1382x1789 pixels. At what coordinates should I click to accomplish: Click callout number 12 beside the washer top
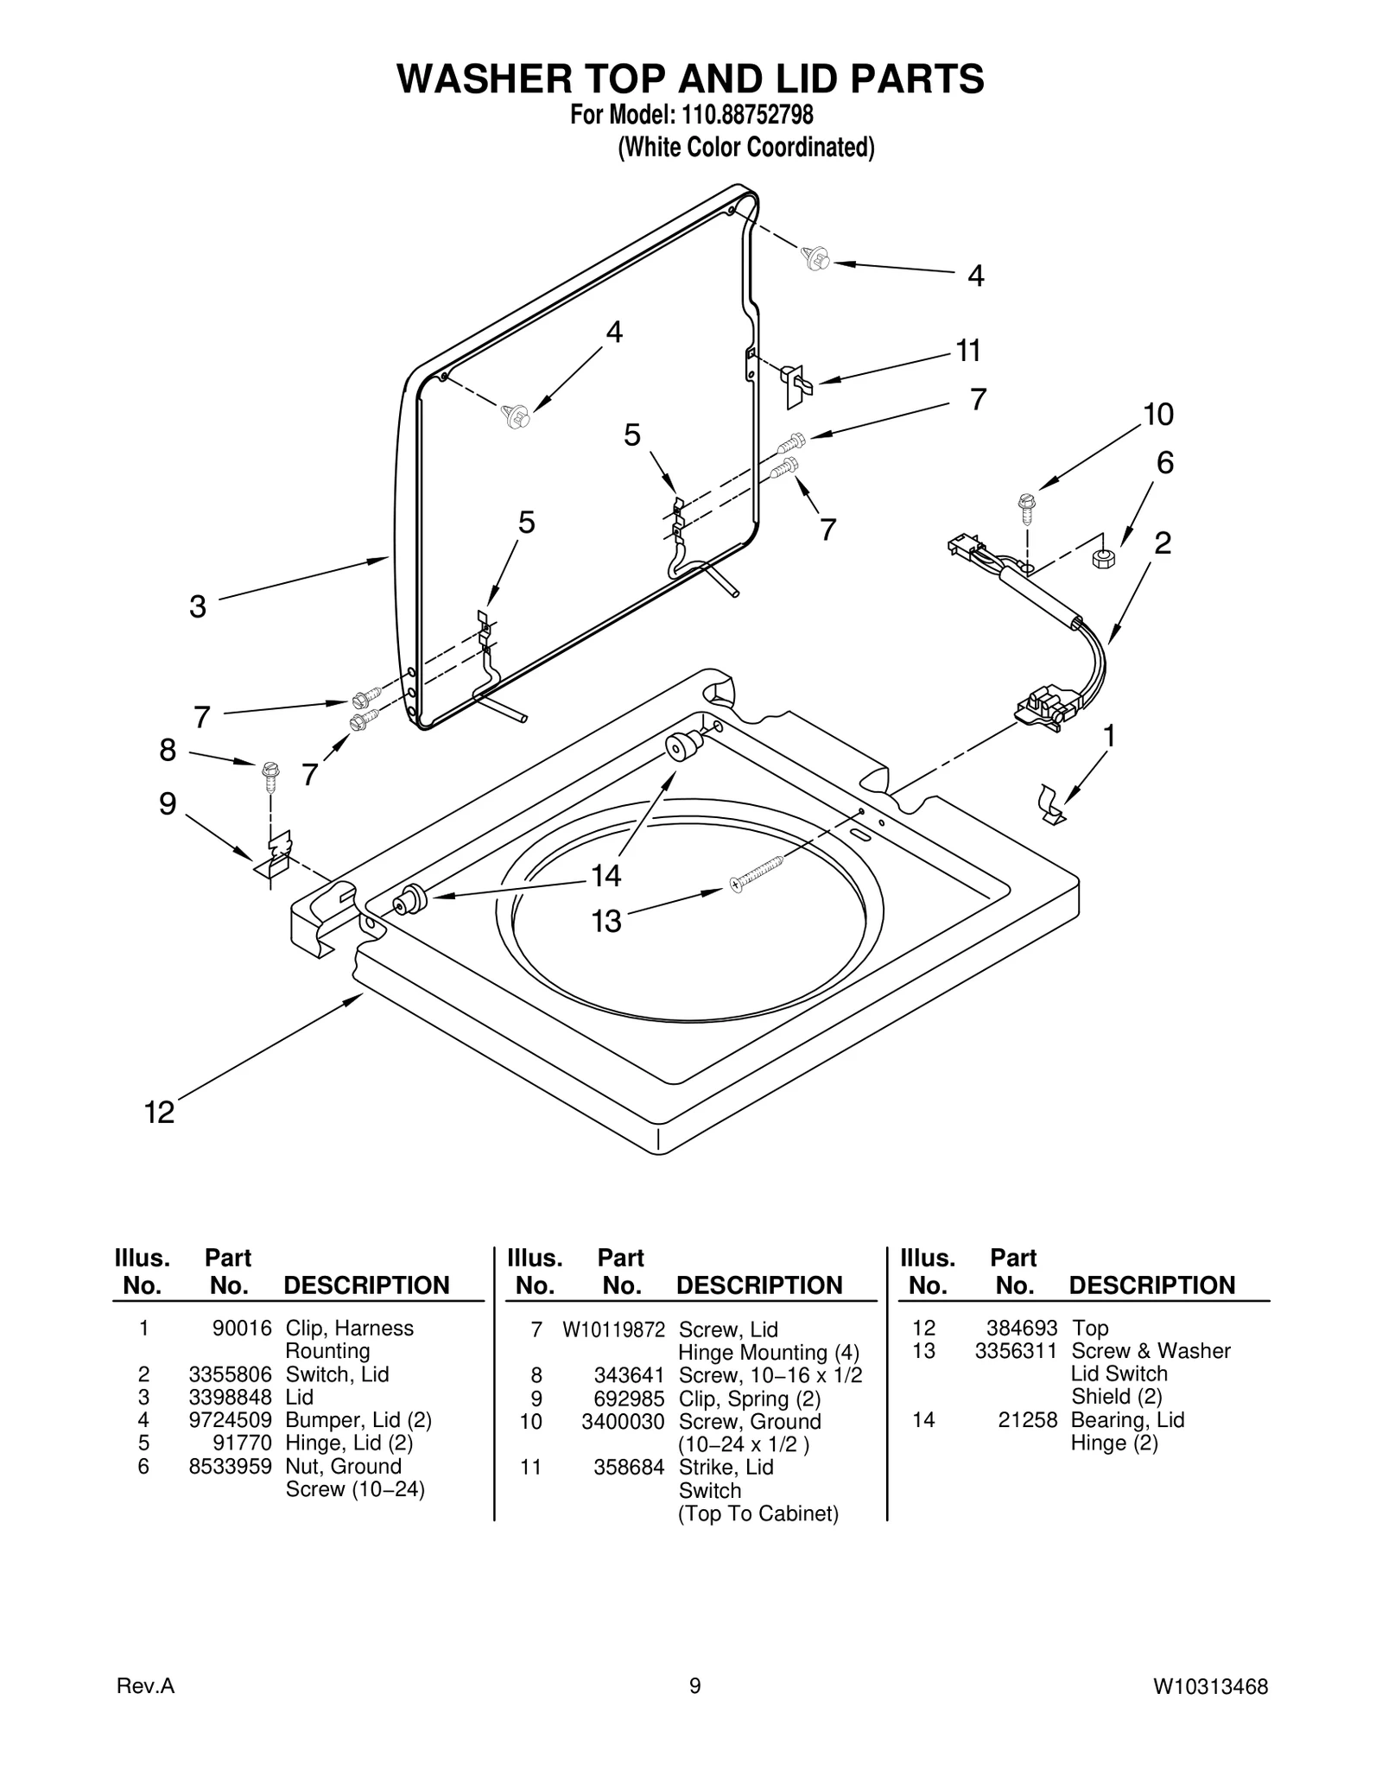159,1113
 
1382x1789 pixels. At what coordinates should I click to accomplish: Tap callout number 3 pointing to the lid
198,606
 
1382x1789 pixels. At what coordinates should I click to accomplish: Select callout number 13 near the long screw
606,922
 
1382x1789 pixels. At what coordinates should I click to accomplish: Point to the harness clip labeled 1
1050,804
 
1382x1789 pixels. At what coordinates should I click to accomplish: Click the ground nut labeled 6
1103,557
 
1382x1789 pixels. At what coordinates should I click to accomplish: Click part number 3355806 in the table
230,1374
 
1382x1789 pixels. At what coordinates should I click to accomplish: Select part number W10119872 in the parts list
613,1330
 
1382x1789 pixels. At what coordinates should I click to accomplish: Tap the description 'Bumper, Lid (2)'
358,1420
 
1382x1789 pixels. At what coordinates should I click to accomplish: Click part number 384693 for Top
1022,1329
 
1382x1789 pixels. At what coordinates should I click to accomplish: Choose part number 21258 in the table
1028,1420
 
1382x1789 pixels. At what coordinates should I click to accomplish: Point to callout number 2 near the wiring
1163,543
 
